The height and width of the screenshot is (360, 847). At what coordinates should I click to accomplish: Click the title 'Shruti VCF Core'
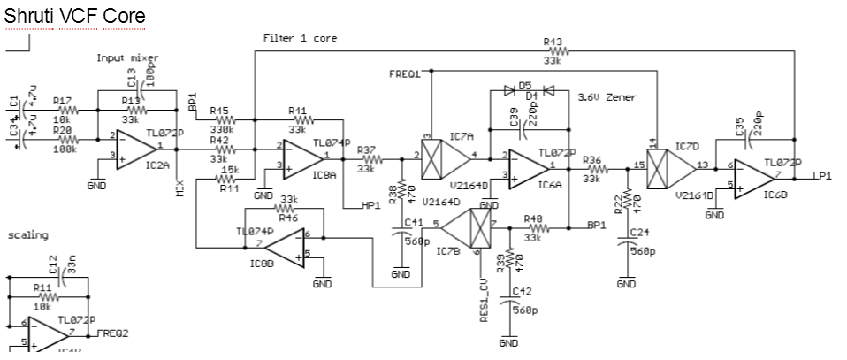[x=74, y=16]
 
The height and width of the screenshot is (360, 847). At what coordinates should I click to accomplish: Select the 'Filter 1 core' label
[x=300, y=39]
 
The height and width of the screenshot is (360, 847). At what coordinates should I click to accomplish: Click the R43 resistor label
[x=553, y=42]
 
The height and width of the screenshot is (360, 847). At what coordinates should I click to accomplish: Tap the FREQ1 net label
[x=404, y=74]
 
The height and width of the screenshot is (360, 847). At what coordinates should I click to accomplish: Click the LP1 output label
[x=824, y=176]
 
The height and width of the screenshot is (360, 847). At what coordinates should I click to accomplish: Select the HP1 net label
[x=371, y=205]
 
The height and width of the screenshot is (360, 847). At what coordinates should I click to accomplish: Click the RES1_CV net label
[x=485, y=301]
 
